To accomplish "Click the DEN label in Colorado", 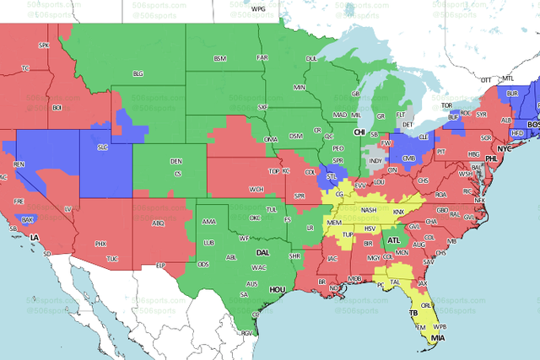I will (175, 161).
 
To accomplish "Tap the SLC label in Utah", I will (103, 148).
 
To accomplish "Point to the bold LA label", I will (35, 239).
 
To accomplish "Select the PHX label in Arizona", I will (100, 243).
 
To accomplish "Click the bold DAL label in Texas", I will (263, 252).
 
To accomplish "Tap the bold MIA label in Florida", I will (437, 339).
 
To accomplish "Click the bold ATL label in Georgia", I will (394, 240).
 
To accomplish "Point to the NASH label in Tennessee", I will (368, 210).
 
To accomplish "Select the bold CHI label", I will (359, 133).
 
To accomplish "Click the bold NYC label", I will (504, 148).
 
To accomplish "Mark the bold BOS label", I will (532, 124).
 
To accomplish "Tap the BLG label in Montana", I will (138, 74).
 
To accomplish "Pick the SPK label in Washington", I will (45, 45).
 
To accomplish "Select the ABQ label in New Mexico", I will (157, 223).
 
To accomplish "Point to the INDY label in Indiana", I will (375, 160).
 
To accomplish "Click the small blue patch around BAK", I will (28, 220).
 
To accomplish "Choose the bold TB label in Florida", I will (413, 313).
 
